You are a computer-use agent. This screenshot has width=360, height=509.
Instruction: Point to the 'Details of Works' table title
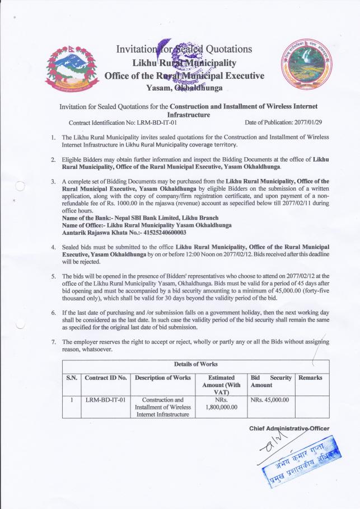pyautogui.click(x=195, y=364)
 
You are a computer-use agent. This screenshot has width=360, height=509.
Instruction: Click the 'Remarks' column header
pyautogui.click(x=311, y=378)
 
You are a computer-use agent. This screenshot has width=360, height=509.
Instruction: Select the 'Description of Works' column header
pyautogui.click(x=163, y=378)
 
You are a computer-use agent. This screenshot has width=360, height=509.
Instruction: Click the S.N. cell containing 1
pyautogui.click(x=72, y=400)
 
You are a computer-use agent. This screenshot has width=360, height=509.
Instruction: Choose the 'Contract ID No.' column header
pyautogui.click(x=106, y=378)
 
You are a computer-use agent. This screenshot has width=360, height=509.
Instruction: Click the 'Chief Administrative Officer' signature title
pyautogui.click(x=289, y=428)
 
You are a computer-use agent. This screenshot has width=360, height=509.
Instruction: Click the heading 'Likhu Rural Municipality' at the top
pyautogui.click(x=184, y=63)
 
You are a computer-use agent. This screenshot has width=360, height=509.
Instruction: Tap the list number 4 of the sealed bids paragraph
pyautogui.click(x=53, y=247)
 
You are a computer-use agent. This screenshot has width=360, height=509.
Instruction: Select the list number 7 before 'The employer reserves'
pyautogui.click(x=53, y=342)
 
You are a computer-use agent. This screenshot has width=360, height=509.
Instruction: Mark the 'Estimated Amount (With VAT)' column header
pyautogui.click(x=221, y=385)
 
